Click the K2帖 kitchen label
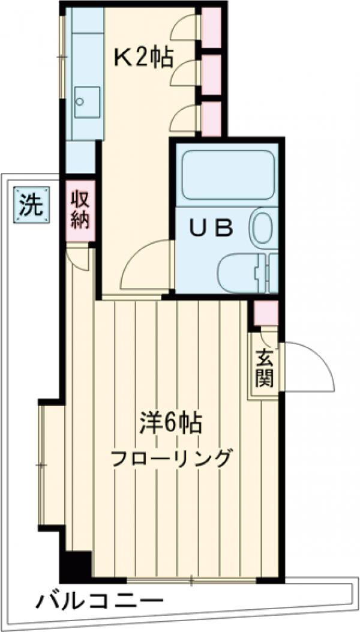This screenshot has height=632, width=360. point(144,58)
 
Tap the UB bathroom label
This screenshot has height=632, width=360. point(211,228)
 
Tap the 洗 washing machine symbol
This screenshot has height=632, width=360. point(29,206)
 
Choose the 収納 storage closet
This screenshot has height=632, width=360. point(80,211)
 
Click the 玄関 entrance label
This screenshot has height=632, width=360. point(263,367)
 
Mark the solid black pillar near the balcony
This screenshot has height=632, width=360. point(76,565)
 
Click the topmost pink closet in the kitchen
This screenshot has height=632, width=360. point(211,28)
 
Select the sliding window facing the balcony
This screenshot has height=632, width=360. point(191,580)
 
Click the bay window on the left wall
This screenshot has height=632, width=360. point(44,465)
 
